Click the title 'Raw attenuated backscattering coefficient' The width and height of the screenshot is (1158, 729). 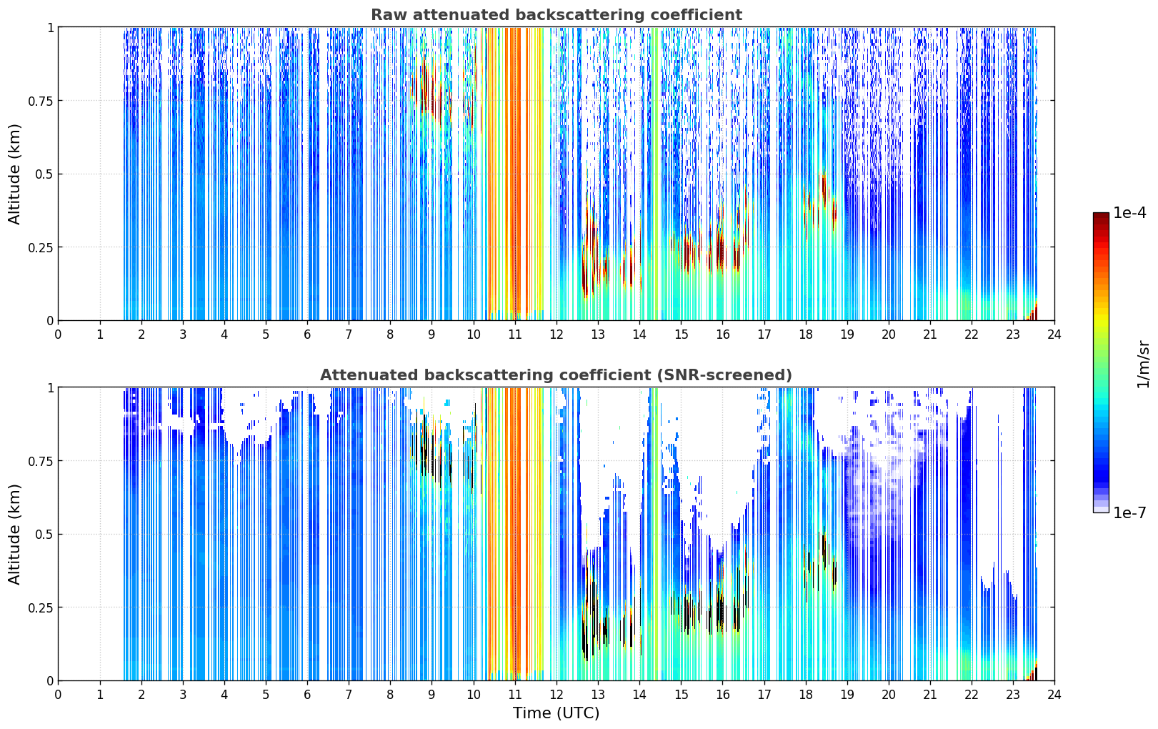[x=556, y=14]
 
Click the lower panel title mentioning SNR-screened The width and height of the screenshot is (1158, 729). [x=556, y=375]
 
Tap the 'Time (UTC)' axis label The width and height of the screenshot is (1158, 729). [x=556, y=713]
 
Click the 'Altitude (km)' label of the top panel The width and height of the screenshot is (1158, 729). [x=14, y=174]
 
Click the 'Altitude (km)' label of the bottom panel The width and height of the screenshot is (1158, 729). [x=14, y=535]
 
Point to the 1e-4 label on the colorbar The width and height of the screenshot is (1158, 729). [x=1129, y=213]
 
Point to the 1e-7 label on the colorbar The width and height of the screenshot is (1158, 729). [x=1129, y=513]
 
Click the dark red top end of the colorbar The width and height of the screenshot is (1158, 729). [x=1101, y=215]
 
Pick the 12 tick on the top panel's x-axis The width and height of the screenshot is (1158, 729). [x=556, y=334]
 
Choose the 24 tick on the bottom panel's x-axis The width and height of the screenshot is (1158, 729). [x=1054, y=695]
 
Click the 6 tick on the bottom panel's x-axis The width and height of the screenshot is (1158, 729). [x=307, y=695]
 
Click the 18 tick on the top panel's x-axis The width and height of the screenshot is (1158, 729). [x=805, y=334]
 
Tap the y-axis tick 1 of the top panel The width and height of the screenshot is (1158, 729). [x=50, y=27]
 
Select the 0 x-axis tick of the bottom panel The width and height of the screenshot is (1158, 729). [x=58, y=695]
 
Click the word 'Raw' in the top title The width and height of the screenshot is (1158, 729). [x=387, y=14]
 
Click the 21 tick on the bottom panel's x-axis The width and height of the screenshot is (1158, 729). [x=930, y=695]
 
